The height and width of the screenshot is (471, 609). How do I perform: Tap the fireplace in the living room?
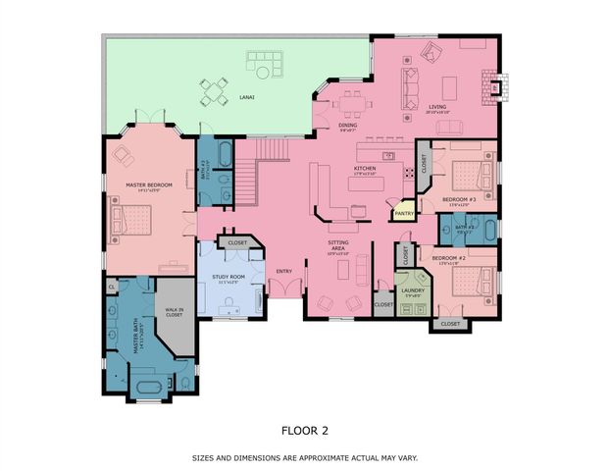tap(496, 86)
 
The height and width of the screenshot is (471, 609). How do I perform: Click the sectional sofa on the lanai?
tap(264, 68)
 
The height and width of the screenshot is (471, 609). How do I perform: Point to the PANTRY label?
tap(403, 213)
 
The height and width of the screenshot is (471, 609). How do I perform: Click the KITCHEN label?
tap(365, 169)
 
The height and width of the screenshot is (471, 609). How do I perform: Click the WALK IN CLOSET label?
tap(175, 313)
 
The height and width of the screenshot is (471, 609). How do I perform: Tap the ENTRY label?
tap(283, 272)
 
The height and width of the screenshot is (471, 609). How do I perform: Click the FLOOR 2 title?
tap(304, 428)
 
